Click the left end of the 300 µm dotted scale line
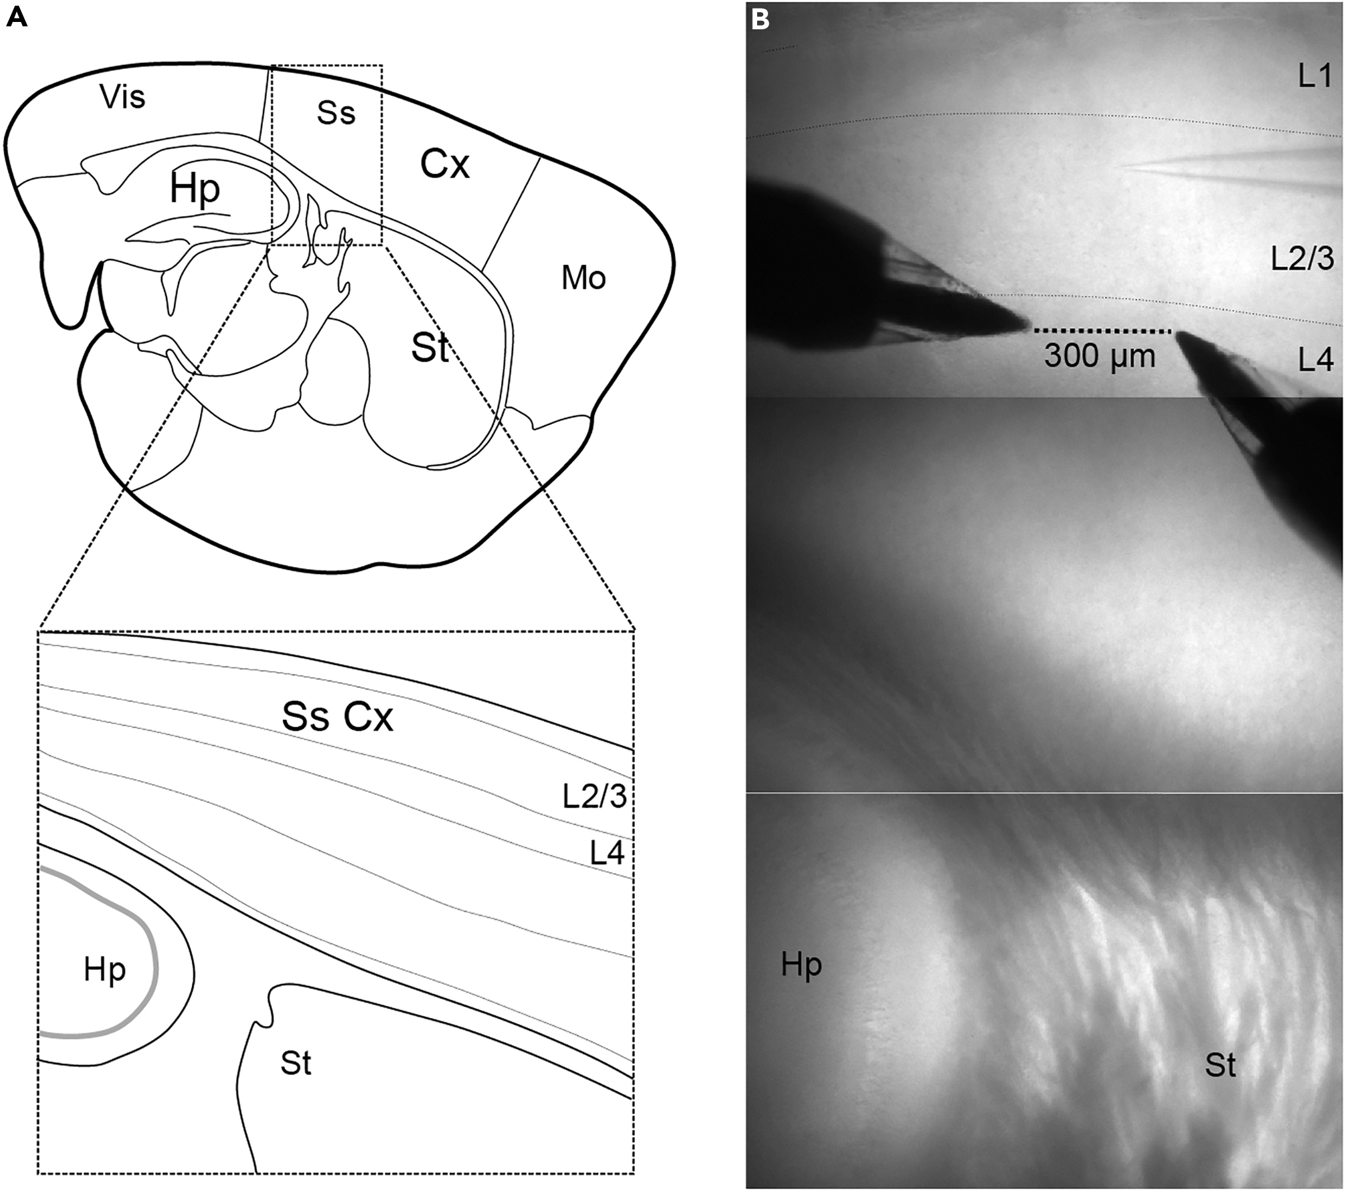tap(1034, 331)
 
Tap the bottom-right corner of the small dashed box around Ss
tap(383, 246)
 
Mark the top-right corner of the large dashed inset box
tap(634, 631)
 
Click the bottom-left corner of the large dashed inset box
tap(38, 1174)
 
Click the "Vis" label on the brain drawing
tap(123, 98)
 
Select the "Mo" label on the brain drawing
tap(583, 278)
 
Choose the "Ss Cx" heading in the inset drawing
tap(338, 717)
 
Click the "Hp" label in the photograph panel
tap(802, 965)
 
